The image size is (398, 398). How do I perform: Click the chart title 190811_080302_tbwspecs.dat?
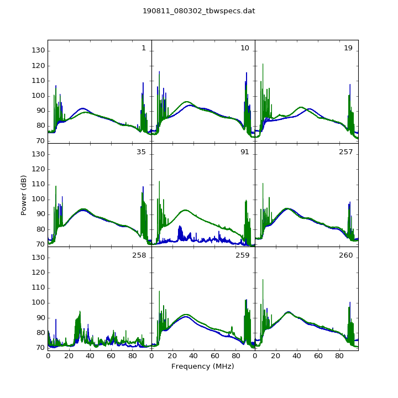point(199,11)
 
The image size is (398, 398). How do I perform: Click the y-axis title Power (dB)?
point(24,195)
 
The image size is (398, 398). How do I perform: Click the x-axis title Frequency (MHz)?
point(202,366)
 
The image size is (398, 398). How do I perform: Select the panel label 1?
point(144,48)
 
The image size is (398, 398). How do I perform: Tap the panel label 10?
point(245,48)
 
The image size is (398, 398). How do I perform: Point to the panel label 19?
point(348,48)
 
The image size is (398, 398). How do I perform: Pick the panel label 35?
point(141,152)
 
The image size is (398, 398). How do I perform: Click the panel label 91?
point(245,152)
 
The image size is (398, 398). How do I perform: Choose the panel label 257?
point(345,152)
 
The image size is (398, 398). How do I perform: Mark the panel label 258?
point(139,255)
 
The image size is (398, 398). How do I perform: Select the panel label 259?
point(243,255)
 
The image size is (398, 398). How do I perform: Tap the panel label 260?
point(345,255)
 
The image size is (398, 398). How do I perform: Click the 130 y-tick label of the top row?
point(38,50)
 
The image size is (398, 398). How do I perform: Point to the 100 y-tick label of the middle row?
point(38,199)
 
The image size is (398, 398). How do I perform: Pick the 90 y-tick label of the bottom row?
point(40,318)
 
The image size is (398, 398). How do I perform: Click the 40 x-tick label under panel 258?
point(90,356)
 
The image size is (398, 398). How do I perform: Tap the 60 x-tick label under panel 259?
point(214,356)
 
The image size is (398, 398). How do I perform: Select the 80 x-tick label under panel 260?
point(339,356)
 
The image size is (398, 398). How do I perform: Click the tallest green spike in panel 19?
point(263,76)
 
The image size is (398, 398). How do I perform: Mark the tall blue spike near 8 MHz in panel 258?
point(56,330)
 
